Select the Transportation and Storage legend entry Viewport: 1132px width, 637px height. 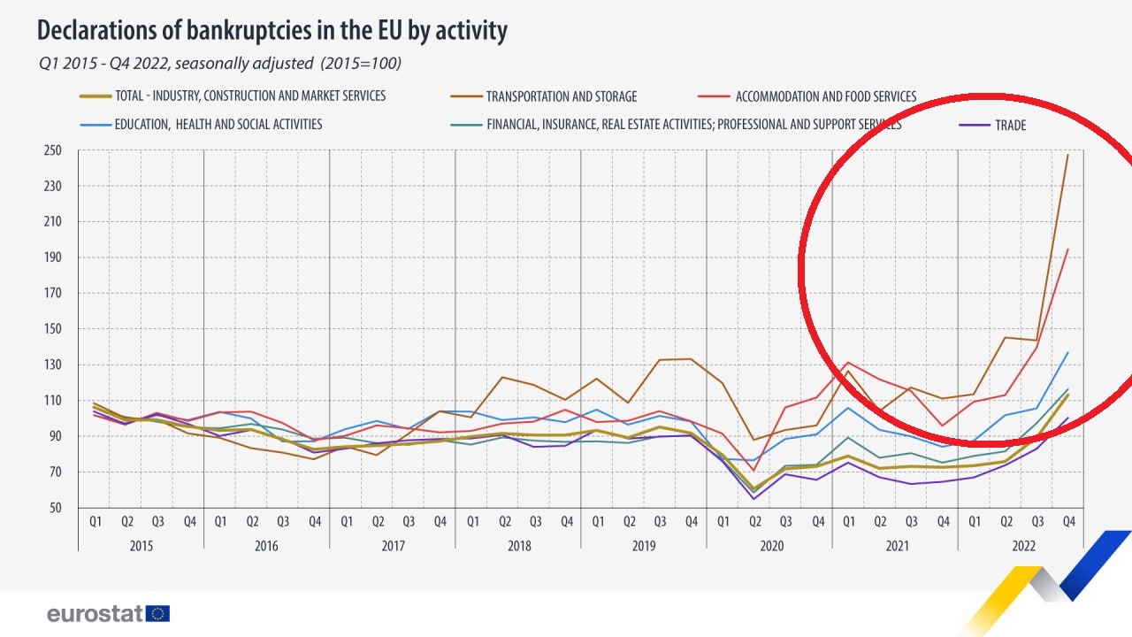pos(561,96)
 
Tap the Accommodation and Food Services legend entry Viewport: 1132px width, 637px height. pos(825,96)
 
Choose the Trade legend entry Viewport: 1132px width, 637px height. pos(1010,126)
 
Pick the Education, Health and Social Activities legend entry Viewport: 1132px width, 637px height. pos(218,125)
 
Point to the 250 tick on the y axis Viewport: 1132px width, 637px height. pos(54,150)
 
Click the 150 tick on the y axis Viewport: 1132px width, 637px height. pos(54,329)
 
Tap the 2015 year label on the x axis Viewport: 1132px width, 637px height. pos(141,546)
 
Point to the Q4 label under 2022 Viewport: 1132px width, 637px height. pos(1067,522)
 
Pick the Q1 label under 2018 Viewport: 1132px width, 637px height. pos(472,522)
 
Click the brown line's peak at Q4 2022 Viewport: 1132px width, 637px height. pos(1068,155)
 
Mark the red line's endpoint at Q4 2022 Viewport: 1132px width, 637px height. pos(1068,249)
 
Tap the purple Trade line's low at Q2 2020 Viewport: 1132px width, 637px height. pos(754,499)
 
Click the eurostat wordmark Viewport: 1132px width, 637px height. pos(96,614)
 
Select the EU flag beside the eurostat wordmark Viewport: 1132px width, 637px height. pos(159,614)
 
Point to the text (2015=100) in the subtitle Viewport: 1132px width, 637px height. pos(361,64)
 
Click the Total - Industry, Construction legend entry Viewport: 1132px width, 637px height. pos(250,96)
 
